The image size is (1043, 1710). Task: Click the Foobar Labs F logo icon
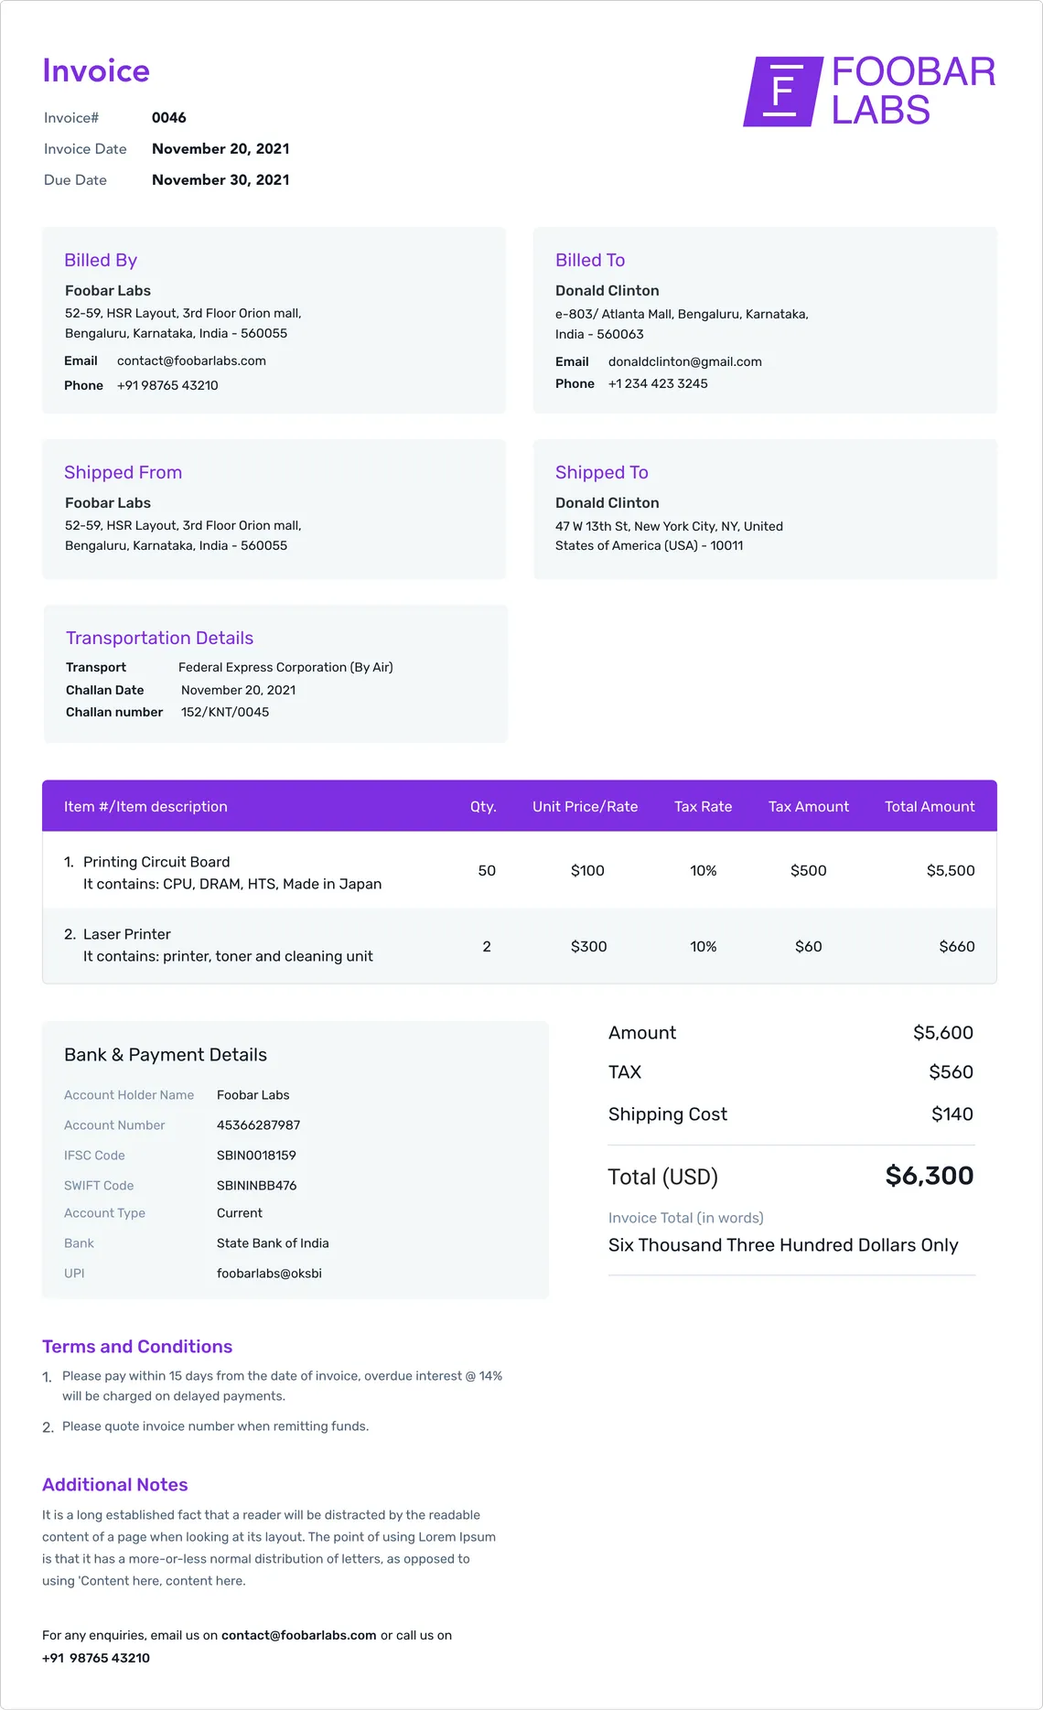(781, 91)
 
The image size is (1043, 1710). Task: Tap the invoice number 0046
(169, 118)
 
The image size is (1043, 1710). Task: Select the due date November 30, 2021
(220, 180)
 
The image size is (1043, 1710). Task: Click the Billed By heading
(101, 261)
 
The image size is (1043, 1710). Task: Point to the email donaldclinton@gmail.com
(684, 362)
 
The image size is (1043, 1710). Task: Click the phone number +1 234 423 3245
(658, 384)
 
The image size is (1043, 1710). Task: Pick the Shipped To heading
(601, 473)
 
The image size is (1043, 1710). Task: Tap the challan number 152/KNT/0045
(225, 713)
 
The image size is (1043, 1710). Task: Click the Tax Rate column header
(703, 807)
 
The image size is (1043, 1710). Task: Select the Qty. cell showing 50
(487, 871)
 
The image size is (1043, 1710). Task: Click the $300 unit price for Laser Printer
(588, 947)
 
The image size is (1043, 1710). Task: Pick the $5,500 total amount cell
(950, 871)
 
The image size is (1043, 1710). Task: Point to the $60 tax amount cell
(808, 947)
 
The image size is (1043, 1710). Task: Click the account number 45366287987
(258, 1125)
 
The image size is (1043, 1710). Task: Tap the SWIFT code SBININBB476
(256, 1186)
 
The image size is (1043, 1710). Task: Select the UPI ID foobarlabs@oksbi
(269, 1274)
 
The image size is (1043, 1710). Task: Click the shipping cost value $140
(952, 1114)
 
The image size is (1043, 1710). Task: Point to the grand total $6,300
(929, 1177)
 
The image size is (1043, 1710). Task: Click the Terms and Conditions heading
(137, 1347)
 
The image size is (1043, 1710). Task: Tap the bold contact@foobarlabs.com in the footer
(298, 1636)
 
